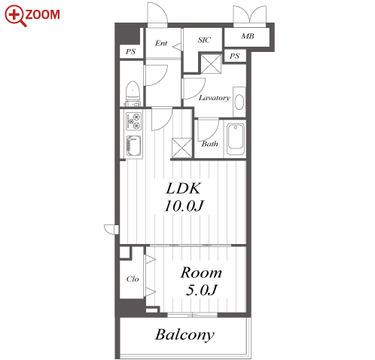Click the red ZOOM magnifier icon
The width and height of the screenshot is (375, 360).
click(15, 16)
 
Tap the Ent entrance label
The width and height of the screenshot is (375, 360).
click(161, 43)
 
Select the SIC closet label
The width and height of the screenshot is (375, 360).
click(204, 40)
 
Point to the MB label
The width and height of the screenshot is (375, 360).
click(248, 36)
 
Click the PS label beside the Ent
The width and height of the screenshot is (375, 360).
click(130, 52)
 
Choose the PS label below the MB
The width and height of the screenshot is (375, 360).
click(234, 56)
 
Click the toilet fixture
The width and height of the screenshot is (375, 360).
click(133, 93)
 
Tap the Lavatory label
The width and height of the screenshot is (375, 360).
click(215, 98)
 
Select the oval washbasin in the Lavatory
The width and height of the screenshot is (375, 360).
click(239, 102)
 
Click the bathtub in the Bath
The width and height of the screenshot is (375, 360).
click(236, 139)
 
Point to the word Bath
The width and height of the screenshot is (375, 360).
click(209, 144)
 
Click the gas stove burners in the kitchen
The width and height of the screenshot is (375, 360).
click(134, 121)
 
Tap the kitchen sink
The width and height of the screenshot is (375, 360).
click(134, 146)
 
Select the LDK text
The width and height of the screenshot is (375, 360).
click(183, 188)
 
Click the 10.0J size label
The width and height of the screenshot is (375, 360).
click(184, 206)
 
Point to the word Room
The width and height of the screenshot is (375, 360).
click(201, 273)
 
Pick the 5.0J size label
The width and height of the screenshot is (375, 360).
click(201, 290)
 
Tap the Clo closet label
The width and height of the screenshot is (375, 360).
click(133, 279)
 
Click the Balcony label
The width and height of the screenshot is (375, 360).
click(184, 335)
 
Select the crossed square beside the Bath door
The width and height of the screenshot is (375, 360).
click(182, 148)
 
